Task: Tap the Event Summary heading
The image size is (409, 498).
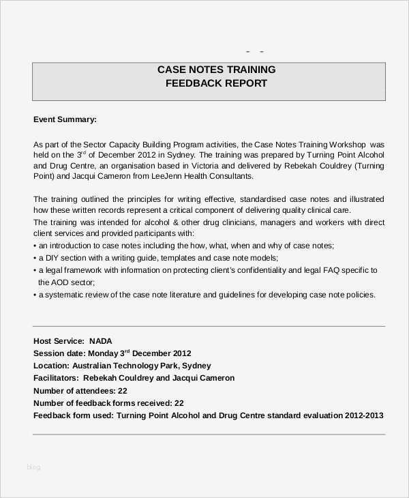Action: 65,119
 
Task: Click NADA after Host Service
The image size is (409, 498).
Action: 100,341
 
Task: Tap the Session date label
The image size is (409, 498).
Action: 59,353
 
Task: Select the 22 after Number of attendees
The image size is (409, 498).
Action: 122,390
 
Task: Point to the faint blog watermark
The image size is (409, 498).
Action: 33,467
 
